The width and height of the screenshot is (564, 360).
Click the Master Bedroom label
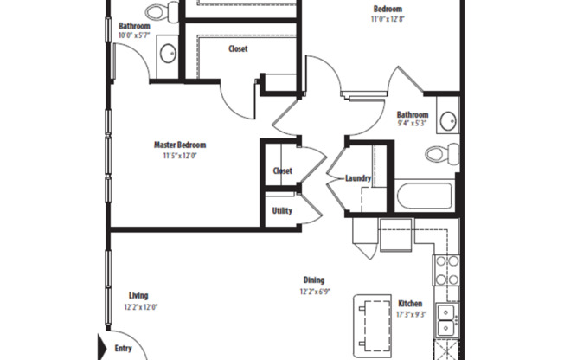tap(180, 145)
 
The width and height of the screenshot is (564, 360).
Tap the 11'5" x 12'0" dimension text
tap(180, 157)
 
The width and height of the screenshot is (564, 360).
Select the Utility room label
tap(282, 210)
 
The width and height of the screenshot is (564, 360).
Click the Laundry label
tap(358, 179)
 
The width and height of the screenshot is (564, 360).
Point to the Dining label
tap(313, 280)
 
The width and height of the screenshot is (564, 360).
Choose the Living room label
tap(138, 295)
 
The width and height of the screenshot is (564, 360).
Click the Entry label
tap(124, 349)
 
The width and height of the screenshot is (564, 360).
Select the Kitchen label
tap(410, 304)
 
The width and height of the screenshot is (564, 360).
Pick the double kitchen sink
tap(446, 320)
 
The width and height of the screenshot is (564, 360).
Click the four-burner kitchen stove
tap(446, 269)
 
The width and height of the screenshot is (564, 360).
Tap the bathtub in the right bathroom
tap(424, 195)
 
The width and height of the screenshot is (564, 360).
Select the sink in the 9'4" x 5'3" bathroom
tap(448, 120)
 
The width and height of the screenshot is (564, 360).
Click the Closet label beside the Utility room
tap(282, 170)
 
